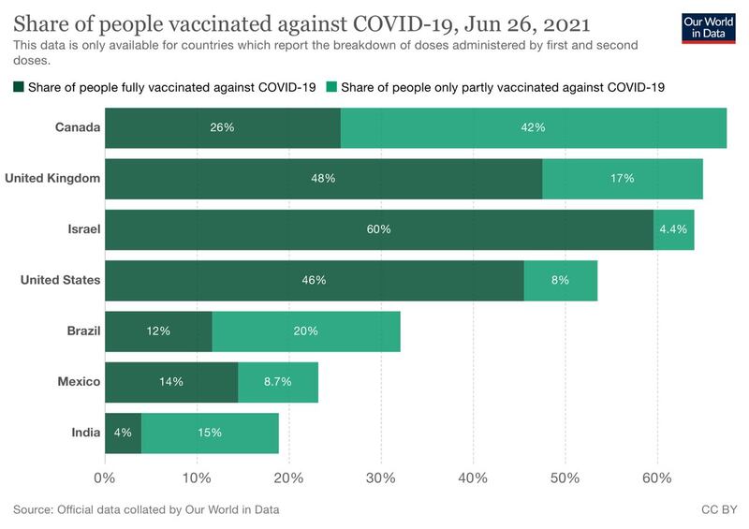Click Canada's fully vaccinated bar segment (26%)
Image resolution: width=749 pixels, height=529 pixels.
(223, 127)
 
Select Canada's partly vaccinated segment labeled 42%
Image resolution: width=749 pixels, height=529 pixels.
(534, 127)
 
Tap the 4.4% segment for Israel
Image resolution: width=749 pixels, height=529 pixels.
(674, 229)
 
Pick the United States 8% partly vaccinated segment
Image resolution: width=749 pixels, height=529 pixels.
(560, 280)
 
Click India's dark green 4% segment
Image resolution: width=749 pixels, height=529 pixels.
(123, 433)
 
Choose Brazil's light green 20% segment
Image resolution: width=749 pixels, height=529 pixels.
(306, 331)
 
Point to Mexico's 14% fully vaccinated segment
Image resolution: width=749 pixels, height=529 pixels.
(171, 382)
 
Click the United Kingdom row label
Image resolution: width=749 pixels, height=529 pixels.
(52, 178)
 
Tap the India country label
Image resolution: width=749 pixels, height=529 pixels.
(84, 433)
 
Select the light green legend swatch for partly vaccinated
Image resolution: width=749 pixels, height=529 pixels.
(331, 88)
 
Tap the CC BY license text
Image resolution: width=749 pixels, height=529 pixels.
(717, 510)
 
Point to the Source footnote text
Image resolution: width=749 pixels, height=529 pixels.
(146, 510)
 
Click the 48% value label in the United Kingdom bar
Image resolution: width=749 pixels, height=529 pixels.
(324, 178)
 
